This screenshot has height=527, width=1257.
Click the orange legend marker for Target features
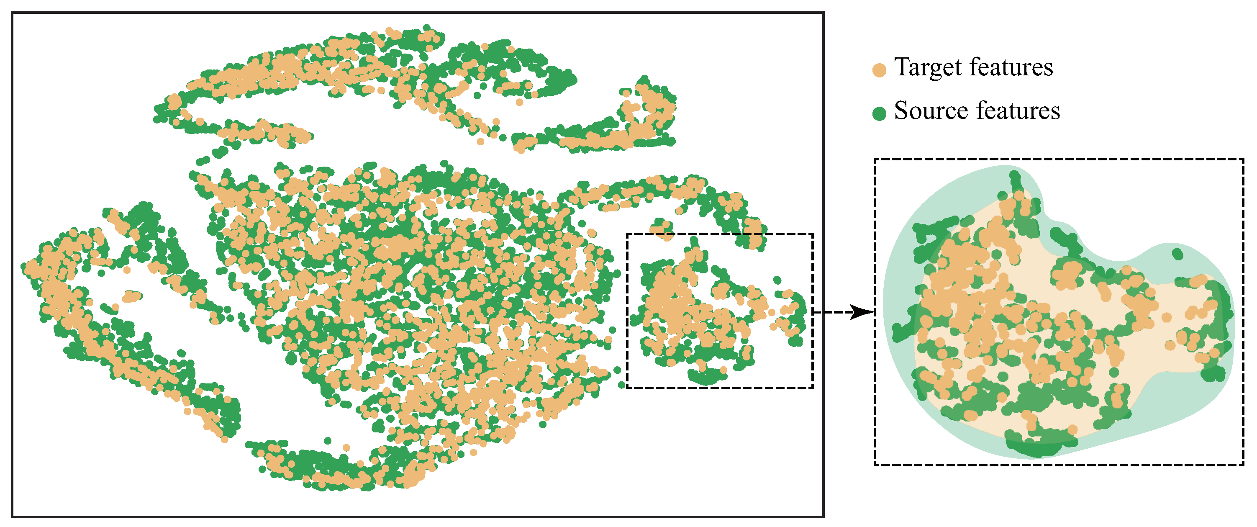coord(879,70)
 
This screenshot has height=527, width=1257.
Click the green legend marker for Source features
coord(879,114)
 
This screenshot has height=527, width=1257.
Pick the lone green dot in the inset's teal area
coord(1177,254)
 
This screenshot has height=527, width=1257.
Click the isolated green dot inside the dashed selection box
coord(777,280)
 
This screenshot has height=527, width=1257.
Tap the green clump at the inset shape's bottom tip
coord(1037,447)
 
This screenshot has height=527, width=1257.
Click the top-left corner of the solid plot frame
coord(12,13)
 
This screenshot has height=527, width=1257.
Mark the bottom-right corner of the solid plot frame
coord(823,516)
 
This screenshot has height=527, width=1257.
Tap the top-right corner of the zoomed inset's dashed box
coord(1243,159)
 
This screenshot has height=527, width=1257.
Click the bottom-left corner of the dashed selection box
coord(627,388)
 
